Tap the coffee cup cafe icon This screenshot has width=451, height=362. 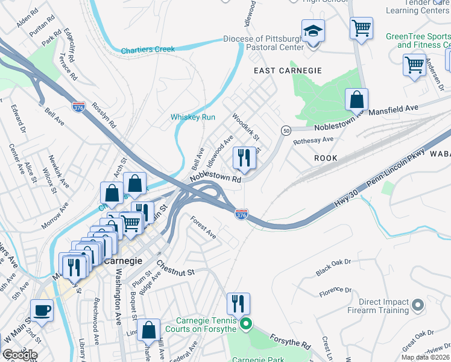pos(42,310)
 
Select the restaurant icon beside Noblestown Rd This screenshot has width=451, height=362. pos(244,159)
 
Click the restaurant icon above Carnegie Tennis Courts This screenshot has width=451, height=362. pos(238,303)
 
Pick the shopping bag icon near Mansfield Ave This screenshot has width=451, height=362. pos(356,100)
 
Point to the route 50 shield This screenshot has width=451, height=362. pos(286,130)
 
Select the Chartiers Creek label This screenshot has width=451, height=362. pos(147,49)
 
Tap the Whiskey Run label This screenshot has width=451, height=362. pos(192,117)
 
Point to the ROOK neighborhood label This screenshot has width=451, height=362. pos(326,157)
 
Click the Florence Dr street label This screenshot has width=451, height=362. pos(335,293)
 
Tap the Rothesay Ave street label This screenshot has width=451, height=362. pos(313,140)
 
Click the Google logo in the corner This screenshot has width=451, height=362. pos(19,354)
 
